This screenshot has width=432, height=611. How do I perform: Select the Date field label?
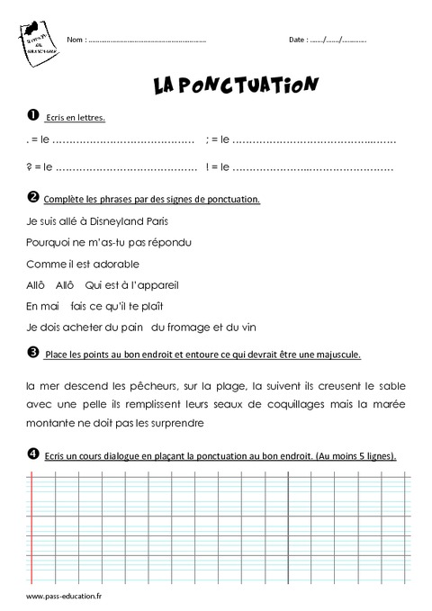coord(297,40)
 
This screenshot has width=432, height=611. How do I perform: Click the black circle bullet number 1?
coord(32,115)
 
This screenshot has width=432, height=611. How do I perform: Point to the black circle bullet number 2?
coord(32,197)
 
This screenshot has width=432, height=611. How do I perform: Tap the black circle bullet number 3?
coord(32,352)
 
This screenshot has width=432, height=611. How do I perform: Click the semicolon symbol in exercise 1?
coord(208,139)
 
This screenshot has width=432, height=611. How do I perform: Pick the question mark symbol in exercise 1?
coord(29,167)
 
